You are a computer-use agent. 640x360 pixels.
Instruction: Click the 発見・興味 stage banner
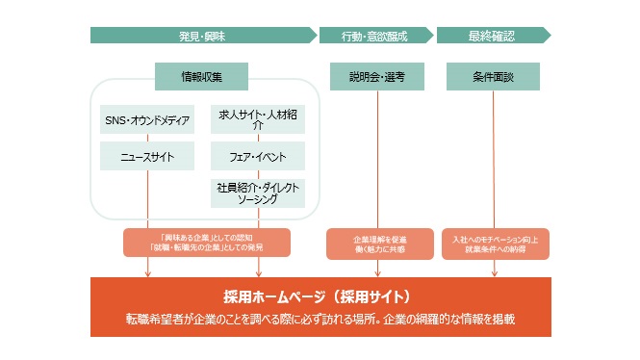(202, 36)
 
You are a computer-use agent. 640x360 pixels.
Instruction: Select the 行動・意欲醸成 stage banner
(374, 36)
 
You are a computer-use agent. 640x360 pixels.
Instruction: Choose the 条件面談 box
(493, 76)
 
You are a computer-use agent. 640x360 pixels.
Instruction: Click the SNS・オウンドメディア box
(147, 120)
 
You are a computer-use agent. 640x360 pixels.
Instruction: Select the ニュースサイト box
(147, 156)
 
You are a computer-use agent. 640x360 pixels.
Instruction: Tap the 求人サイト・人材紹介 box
(257, 120)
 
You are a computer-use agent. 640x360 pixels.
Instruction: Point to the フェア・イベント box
(257, 156)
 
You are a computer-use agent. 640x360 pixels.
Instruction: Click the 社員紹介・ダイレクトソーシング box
(257, 193)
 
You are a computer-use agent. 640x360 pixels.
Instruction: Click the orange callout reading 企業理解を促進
(379, 243)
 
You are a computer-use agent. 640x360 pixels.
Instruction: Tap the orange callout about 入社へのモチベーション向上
(494, 243)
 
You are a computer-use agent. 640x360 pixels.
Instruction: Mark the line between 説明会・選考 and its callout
(378, 159)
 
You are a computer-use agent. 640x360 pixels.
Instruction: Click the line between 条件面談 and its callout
(494, 159)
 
